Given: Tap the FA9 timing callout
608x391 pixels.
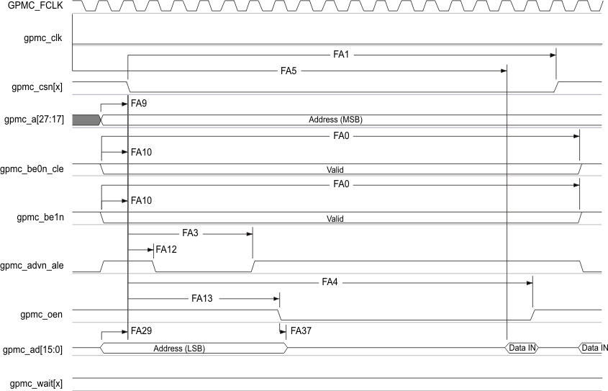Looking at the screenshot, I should coord(139,104).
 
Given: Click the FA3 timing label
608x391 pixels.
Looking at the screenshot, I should coord(191,233).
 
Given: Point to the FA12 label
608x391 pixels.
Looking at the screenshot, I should coord(166,249).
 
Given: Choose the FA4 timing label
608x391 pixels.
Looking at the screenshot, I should coord(330,282).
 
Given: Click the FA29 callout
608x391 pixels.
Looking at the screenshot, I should coord(141,331).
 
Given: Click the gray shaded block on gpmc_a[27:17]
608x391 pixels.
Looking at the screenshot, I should coord(85,120).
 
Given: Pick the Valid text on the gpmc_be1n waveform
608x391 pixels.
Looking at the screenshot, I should coord(335,218).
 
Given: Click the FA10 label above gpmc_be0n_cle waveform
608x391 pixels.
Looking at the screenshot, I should coord(141,152).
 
